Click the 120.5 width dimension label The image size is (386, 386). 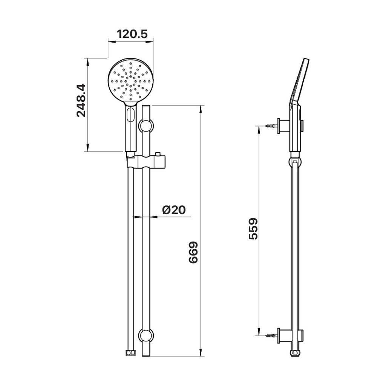pos(132,34)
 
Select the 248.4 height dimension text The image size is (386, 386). pos(81,100)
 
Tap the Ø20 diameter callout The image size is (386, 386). pos(174,210)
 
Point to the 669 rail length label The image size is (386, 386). pos(193,253)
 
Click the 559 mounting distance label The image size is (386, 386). pos(253,228)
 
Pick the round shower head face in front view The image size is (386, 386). pos(131,80)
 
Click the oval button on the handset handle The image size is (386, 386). pos(130,115)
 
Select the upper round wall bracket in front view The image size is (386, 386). pos(146,126)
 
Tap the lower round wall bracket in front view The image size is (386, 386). pos(146,335)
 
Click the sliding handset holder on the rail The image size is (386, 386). pos(146,161)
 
